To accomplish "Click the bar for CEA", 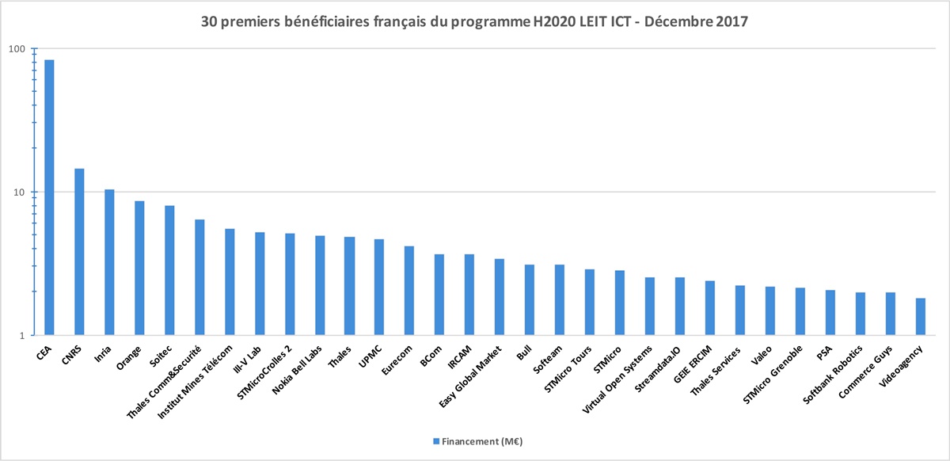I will pos(49,197).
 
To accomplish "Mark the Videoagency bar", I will pos(920,317).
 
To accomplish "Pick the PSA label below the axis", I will pos(824,349).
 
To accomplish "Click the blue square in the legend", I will pos(435,440).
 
